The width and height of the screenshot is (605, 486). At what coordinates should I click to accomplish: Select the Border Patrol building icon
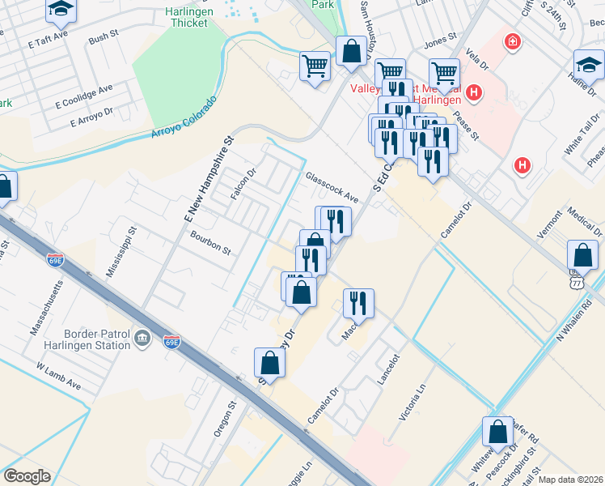[142, 338]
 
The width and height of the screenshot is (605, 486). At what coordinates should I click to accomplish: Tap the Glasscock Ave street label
[332, 187]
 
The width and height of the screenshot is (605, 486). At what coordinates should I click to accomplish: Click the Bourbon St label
[210, 244]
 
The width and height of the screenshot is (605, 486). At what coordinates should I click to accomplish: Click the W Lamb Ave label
[59, 377]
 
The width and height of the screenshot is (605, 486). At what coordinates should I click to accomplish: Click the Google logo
[27, 476]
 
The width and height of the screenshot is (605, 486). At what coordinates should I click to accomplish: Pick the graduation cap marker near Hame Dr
[588, 65]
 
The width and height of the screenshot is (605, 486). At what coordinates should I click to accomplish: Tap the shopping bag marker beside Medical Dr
[582, 256]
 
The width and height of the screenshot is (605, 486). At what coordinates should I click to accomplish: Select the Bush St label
[104, 39]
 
